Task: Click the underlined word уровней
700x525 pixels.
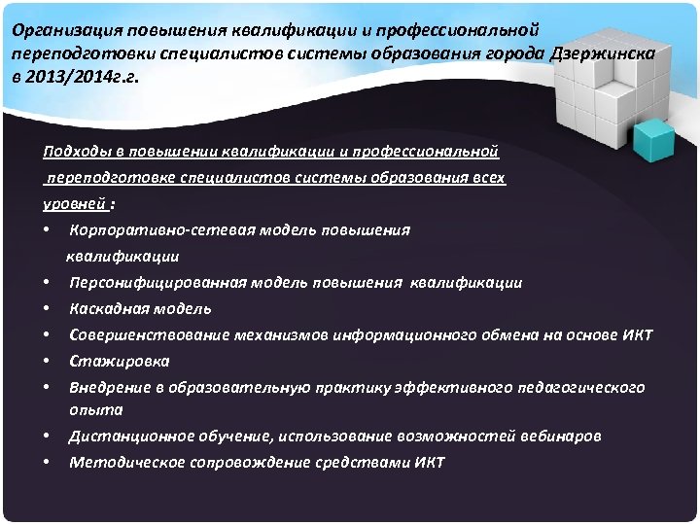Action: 75,204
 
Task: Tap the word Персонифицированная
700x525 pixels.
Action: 157,283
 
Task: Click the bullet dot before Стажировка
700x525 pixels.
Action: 47,362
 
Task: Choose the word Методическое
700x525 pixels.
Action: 122,463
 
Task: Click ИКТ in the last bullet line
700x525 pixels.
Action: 427,463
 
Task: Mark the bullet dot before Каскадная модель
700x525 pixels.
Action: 47,309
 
